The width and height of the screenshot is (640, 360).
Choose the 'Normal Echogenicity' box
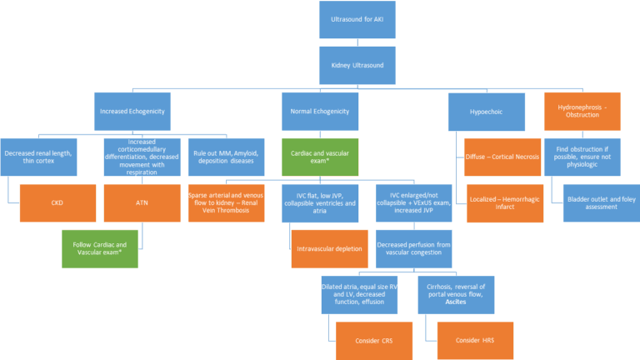(x=319, y=110)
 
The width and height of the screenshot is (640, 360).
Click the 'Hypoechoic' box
(x=485, y=110)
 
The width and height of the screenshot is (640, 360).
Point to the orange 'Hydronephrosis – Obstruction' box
(x=583, y=110)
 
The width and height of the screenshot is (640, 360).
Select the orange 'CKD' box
(x=57, y=202)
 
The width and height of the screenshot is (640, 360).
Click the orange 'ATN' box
(x=142, y=202)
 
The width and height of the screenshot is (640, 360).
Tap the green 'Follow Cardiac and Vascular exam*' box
(x=102, y=248)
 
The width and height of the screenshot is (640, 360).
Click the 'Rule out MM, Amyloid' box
(x=226, y=156)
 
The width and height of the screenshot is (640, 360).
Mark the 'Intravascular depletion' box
(x=329, y=248)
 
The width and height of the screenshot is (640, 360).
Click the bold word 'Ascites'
(x=455, y=302)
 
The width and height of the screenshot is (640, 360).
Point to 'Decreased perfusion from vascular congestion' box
(x=412, y=248)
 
